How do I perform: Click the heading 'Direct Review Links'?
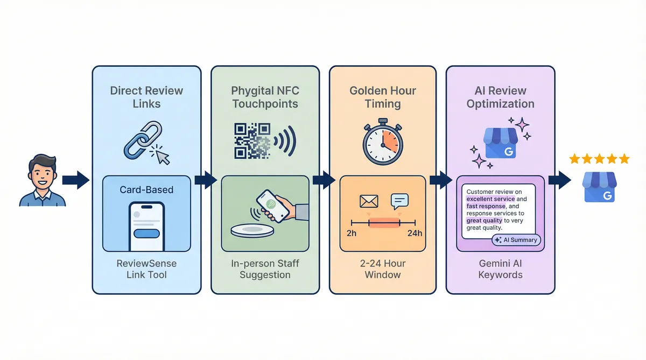(146, 96)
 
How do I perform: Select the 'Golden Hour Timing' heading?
(383, 96)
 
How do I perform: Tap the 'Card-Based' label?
(146, 190)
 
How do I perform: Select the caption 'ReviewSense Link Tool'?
(146, 269)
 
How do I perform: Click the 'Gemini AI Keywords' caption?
(500, 269)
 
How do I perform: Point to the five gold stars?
(599, 159)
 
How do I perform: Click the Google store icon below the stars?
(599, 188)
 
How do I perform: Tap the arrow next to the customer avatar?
(75, 180)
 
